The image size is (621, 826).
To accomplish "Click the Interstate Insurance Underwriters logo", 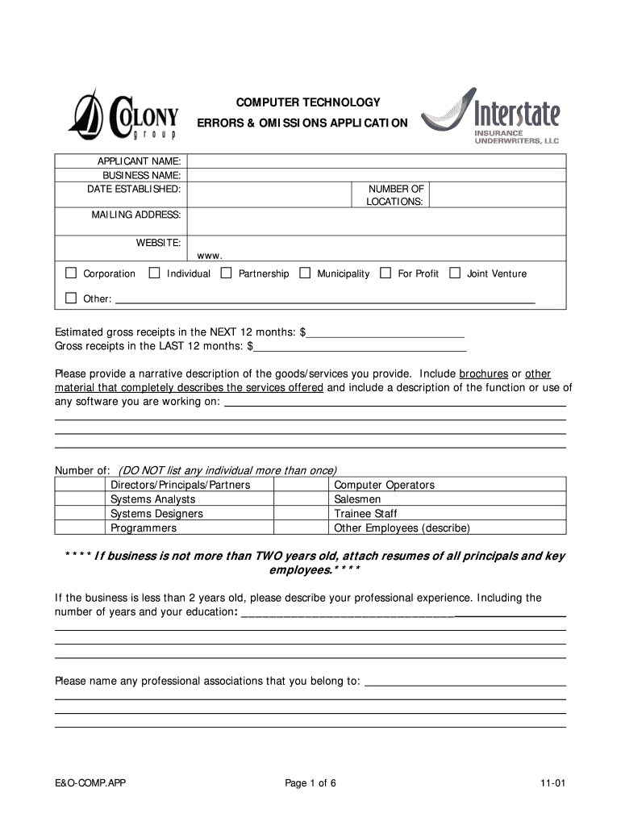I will pyautogui.click(x=490, y=116).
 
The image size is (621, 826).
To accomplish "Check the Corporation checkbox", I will pyautogui.click(x=71, y=273).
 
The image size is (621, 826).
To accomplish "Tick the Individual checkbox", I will pyautogui.click(x=155, y=273).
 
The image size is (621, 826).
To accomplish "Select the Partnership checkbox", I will pyautogui.click(x=226, y=273).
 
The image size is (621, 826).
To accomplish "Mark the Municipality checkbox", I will pyautogui.click(x=305, y=273).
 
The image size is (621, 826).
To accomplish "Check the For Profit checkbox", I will pyautogui.click(x=386, y=273).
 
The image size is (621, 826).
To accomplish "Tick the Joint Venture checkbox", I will pyautogui.click(x=455, y=273).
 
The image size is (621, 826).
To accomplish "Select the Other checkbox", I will pyautogui.click(x=71, y=298).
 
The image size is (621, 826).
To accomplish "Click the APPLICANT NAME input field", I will pyautogui.click(x=376, y=161).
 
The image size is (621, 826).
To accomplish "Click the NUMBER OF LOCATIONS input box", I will pyautogui.click(x=497, y=194).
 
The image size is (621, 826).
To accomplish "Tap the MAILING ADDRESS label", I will pyautogui.click(x=135, y=215).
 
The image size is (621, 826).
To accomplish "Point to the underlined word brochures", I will pyautogui.click(x=483, y=374).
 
